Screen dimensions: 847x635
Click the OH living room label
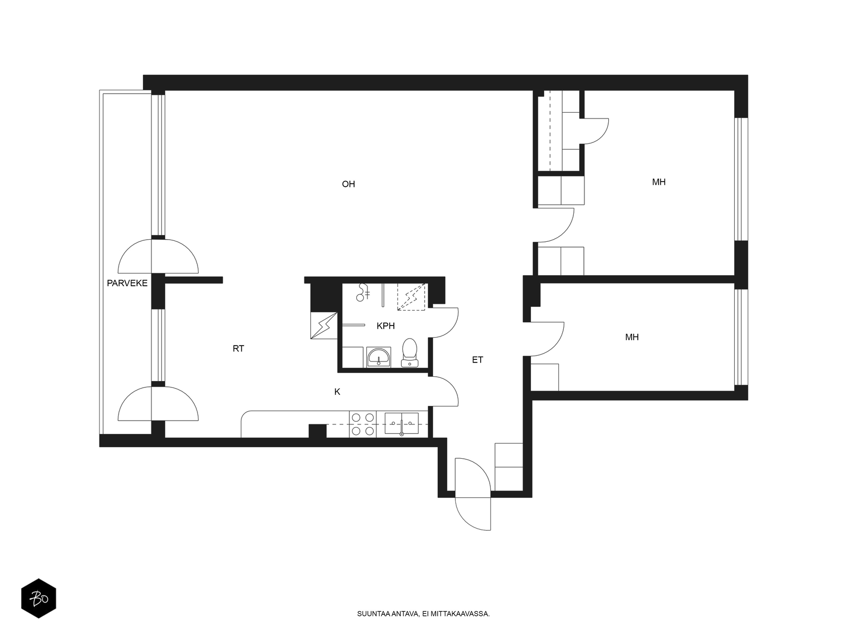pyautogui.click(x=348, y=184)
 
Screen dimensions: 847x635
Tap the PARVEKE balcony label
pyautogui.click(x=127, y=284)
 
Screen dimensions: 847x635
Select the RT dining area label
pyautogui.click(x=238, y=349)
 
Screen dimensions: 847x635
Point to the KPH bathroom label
pyautogui.click(x=385, y=326)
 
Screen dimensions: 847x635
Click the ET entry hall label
pyautogui.click(x=477, y=360)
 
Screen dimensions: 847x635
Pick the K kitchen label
pyautogui.click(x=337, y=392)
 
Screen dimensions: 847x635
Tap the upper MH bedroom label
pyautogui.click(x=659, y=182)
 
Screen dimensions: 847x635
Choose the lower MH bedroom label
pyautogui.click(x=632, y=338)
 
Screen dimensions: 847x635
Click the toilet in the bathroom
pyautogui.click(x=409, y=353)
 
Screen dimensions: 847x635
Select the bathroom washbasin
pyautogui.click(x=379, y=357)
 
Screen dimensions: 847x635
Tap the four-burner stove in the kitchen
pyautogui.click(x=363, y=424)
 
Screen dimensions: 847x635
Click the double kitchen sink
pyautogui.click(x=401, y=423)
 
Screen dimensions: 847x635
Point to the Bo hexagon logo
pyautogui.click(x=39, y=598)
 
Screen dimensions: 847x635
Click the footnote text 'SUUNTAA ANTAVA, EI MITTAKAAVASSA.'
pyautogui.click(x=424, y=614)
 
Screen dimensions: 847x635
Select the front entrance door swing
pyautogui.click(x=473, y=495)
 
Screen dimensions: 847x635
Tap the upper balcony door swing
pyautogui.click(x=158, y=257)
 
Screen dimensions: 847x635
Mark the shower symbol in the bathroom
pyautogui.click(x=363, y=293)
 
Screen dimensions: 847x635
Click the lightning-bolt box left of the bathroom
pyautogui.click(x=324, y=326)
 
